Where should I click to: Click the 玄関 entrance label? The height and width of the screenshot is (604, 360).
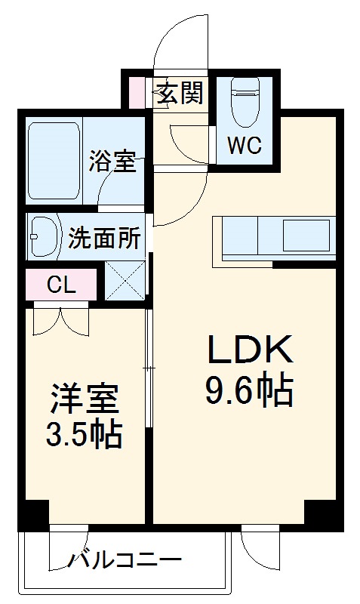(x=180, y=94)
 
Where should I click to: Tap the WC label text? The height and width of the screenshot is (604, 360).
(x=245, y=146)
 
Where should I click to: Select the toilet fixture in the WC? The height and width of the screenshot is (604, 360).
(x=245, y=106)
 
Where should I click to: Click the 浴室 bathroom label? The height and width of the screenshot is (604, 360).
(x=112, y=161)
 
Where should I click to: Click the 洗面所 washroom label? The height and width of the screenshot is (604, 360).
(x=104, y=238)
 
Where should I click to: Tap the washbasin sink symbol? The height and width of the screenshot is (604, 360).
(x=44, y=237)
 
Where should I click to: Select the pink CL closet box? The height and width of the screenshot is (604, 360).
(x=61, y=285)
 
